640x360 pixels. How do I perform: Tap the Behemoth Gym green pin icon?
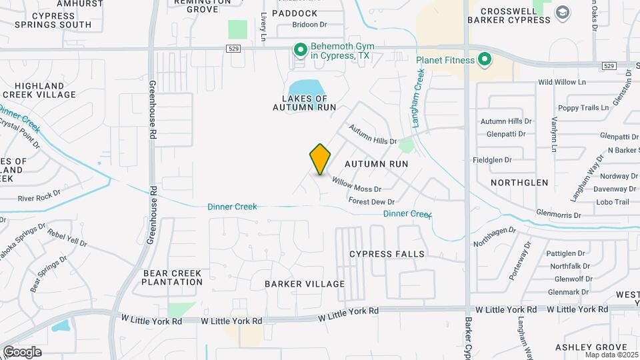300,49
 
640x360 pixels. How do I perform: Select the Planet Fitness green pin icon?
485,60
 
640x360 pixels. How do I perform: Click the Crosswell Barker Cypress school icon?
563,12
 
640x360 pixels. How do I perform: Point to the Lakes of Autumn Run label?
304,102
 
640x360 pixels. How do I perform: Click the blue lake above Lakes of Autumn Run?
306,87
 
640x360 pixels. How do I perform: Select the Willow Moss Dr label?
357,185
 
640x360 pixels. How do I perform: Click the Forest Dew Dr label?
371,201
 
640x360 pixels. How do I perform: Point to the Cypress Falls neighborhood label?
387,254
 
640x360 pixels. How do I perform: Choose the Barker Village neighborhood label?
305,284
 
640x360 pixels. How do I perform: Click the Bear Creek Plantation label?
172,277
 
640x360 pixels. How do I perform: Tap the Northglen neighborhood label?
519,183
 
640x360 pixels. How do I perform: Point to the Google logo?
22,351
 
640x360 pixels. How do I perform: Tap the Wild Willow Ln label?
561,82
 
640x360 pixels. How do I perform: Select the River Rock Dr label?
39,198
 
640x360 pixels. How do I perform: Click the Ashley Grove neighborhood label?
591,347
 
